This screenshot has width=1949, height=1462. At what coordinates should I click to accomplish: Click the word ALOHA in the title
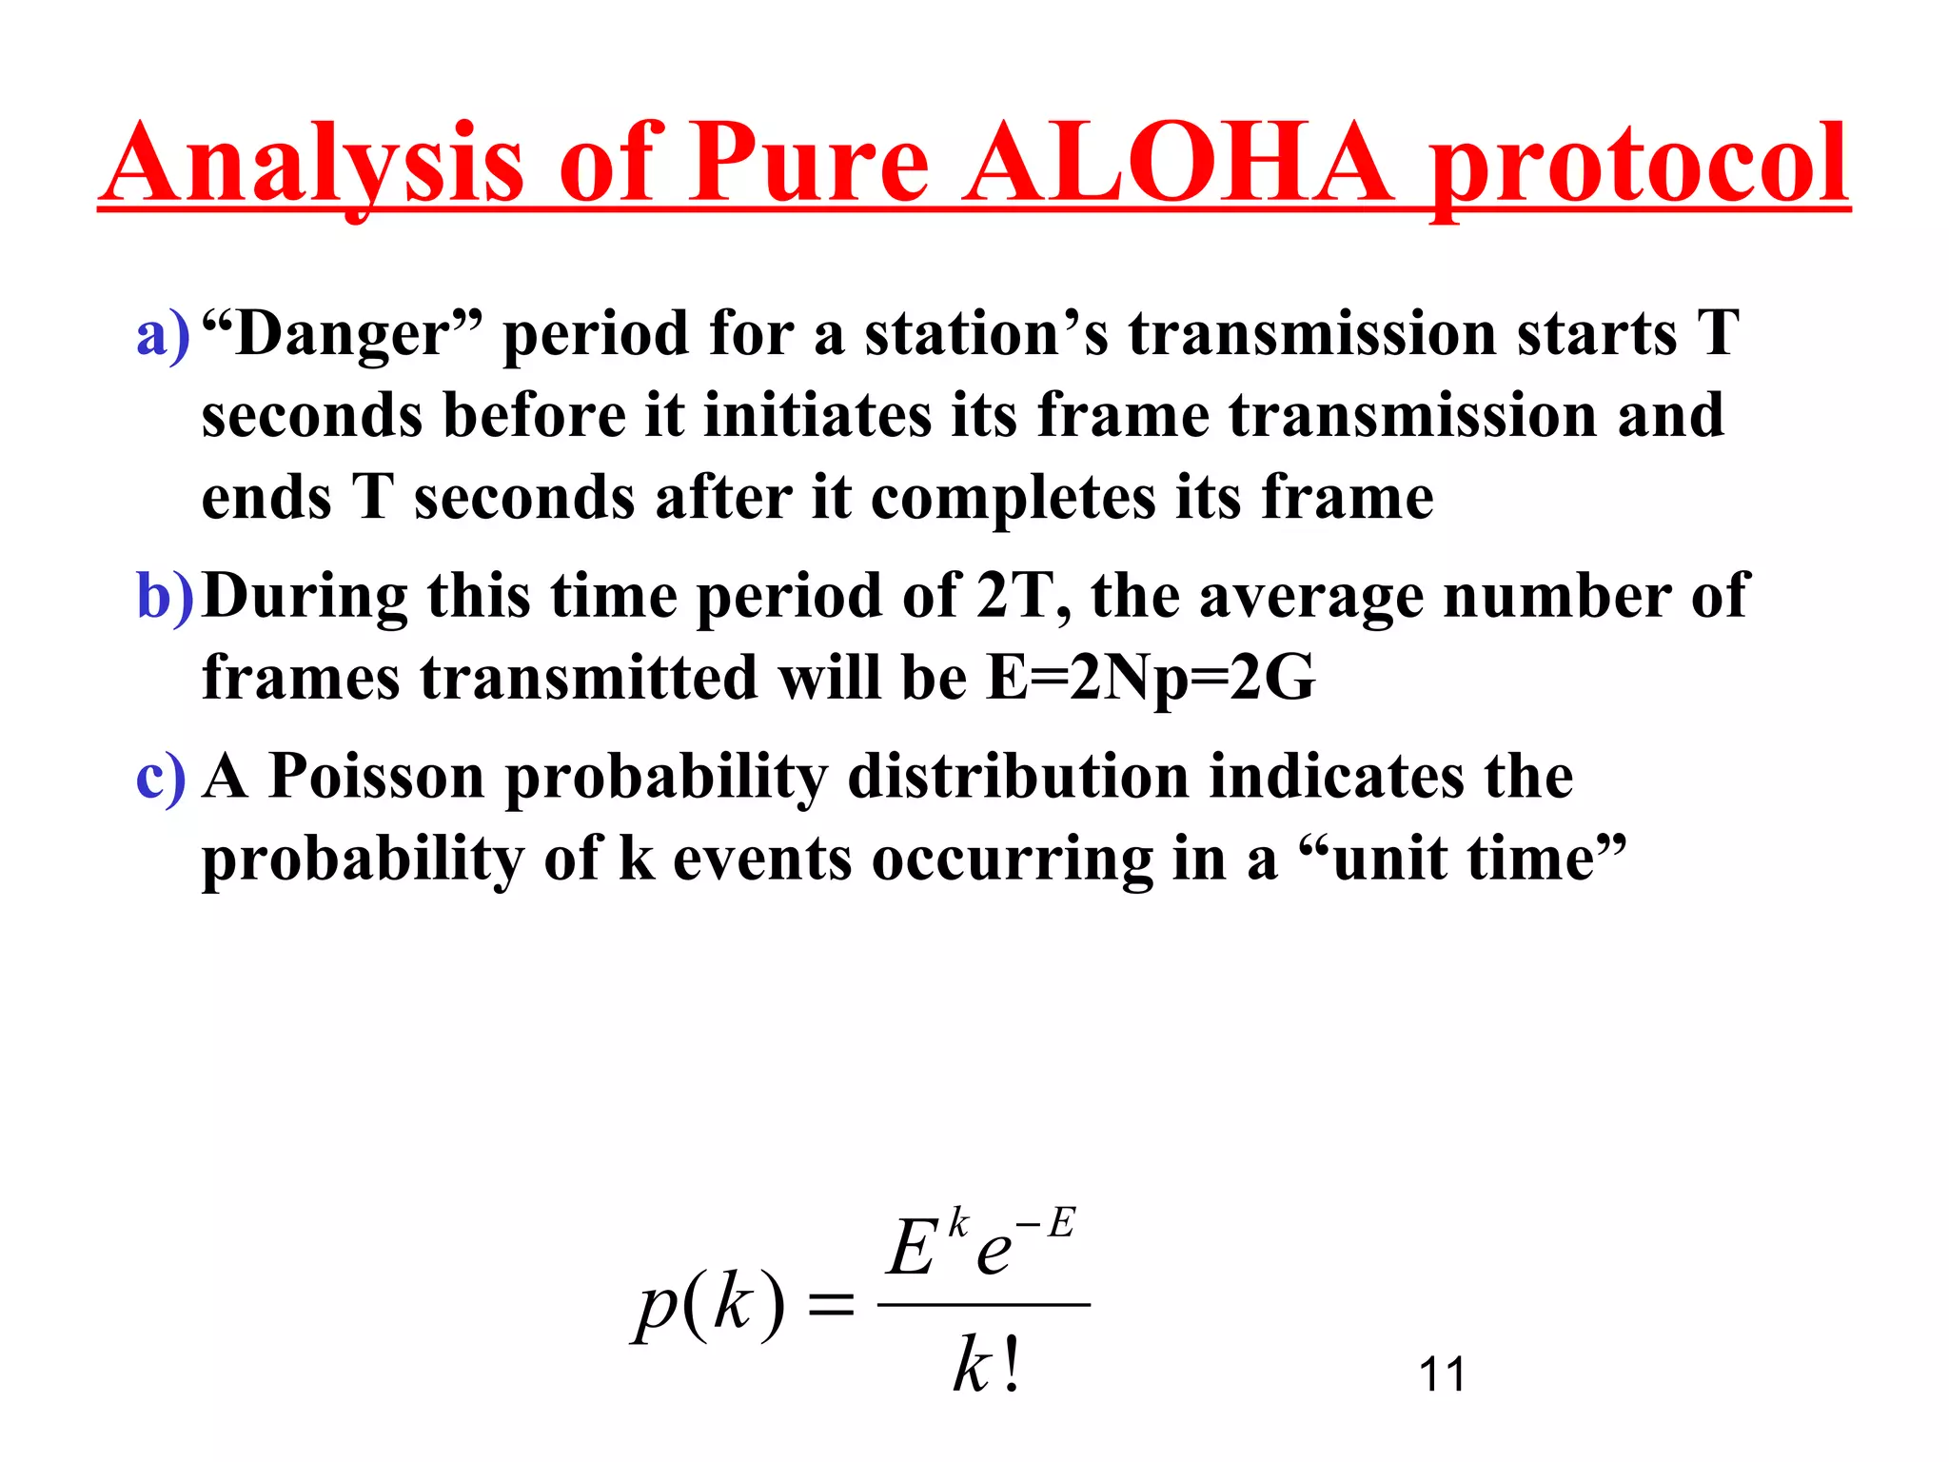pos(1178,164)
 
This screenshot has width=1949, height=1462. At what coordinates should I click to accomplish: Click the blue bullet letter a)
pos(163,335)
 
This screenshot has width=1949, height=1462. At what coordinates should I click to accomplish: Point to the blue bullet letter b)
pos(165,597)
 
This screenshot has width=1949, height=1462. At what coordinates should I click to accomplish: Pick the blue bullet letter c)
pos(161,777)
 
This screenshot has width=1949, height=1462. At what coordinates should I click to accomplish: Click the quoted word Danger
pos(343,335)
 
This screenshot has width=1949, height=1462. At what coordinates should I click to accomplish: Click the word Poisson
pos(377,775)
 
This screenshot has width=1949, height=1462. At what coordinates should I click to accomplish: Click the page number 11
pos(1442,1374)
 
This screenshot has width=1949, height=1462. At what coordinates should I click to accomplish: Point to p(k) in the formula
pos(710,1305)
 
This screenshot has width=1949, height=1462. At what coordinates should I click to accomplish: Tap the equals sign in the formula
pos(831,1305)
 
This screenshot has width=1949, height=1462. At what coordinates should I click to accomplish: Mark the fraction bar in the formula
pos(983,1305)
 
